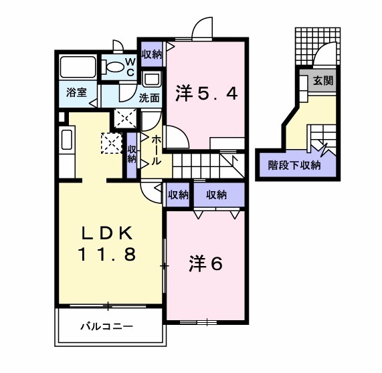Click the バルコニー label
click(x=107, y=327)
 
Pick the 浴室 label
click(x=76, y=93)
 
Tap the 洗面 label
click(x=149, y=97)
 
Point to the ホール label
click(x=156, y=151)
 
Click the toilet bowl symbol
click(x=115, y=67)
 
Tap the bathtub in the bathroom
click(x=79, y=68)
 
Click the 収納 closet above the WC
click(x=152, y=54)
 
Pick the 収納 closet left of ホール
click(x=132, y=153)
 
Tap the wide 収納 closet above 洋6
click(x=216, y=195)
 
